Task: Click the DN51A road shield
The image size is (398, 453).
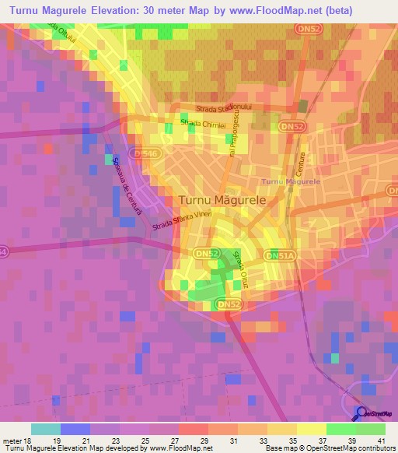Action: pyautogui.click(x=280, y=255)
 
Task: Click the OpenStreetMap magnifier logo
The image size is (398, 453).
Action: pyautogui.click(x=361, y=412)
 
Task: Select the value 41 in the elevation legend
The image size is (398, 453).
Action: pyautogui.click(x=381, y=441)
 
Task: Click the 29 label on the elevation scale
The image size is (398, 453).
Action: pyautogui.click(x=204, y=441)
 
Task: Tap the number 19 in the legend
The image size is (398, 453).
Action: pyautogui.click(x=56, y=441)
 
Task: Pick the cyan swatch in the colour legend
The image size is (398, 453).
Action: pyautogui.click(x=46, y=429)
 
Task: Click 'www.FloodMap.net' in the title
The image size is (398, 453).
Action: pyautogui.click(x=287, y=11)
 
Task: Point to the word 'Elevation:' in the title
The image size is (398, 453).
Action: pyautogui.click(x=127, y=11)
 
